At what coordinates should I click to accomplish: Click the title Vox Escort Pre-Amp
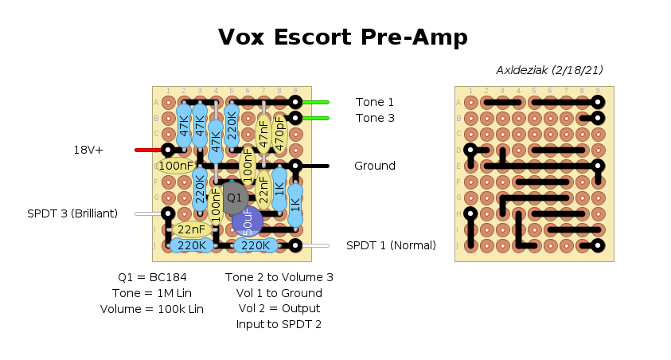click(x=342, y=37)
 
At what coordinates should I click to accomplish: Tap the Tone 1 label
click(x=374, y=102)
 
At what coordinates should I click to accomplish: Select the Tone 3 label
click(x=374, y=118)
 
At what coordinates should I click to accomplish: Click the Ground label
click(x=374, y=166)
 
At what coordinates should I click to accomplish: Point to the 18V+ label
click(x=88, y=150)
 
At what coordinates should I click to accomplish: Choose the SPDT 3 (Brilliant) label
click(x=72, y=213)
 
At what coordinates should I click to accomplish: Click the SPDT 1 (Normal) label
click(x=391, y=245)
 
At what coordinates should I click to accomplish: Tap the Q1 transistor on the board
click(x=234, y=197)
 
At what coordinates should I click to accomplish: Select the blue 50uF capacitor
click(x=248, y=221)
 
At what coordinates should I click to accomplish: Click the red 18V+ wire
click(x=148, y=150)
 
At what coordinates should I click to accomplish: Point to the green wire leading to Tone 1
click(x=315, y=102)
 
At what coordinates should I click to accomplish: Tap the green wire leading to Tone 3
click(x=315, y=118)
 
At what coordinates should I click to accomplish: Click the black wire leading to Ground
click(x=315, y=166)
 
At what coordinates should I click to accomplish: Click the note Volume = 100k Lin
click(x=151, y=309)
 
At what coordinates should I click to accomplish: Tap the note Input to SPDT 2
click(x=279, y=325)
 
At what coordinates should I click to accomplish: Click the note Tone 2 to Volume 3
click(x=279, y=277)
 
